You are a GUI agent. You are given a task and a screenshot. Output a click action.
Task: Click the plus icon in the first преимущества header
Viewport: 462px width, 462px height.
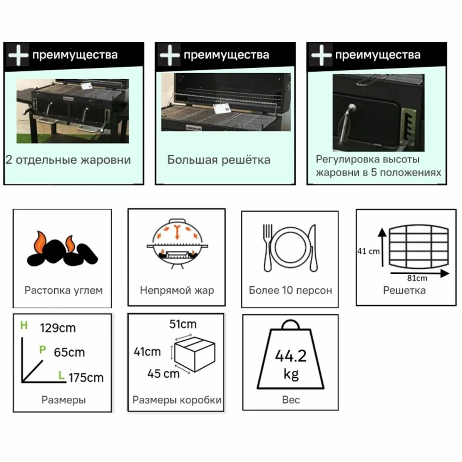pos(18,55)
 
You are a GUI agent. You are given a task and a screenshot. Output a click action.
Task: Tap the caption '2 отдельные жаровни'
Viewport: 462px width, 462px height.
pos(68,160)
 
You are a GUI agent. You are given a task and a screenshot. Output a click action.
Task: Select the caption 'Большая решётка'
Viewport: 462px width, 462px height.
pos(219,160)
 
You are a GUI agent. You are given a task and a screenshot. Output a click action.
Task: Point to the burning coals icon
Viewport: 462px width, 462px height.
pos(62,250)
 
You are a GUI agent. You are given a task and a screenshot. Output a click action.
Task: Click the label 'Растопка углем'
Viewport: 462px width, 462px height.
pos(64,290)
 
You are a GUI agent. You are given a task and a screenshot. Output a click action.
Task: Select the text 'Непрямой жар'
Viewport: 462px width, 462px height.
pos(177,290)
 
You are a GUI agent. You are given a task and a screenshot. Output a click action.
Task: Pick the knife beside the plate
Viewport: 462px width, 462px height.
pos(313,248)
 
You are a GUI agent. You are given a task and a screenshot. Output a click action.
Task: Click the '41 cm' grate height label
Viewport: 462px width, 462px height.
pos(368,251)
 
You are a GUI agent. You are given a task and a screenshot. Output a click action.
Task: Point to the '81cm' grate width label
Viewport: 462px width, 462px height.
pos(417,278)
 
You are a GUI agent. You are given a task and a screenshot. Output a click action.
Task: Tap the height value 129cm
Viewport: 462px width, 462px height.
pos(58,328)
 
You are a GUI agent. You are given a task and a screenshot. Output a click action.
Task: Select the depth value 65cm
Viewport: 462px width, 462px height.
pos(69,352)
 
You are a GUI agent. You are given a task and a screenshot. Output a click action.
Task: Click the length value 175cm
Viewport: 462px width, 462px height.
pos(86,378)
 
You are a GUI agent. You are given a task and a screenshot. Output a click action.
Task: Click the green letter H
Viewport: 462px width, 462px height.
pos(24,326)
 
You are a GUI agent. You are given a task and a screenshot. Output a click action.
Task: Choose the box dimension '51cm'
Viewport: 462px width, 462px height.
pos(183,324)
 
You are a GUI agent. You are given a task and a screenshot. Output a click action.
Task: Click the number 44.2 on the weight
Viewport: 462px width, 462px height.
pos(291,356)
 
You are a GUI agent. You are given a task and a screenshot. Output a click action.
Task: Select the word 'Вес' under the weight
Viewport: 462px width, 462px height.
pos(291,400)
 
